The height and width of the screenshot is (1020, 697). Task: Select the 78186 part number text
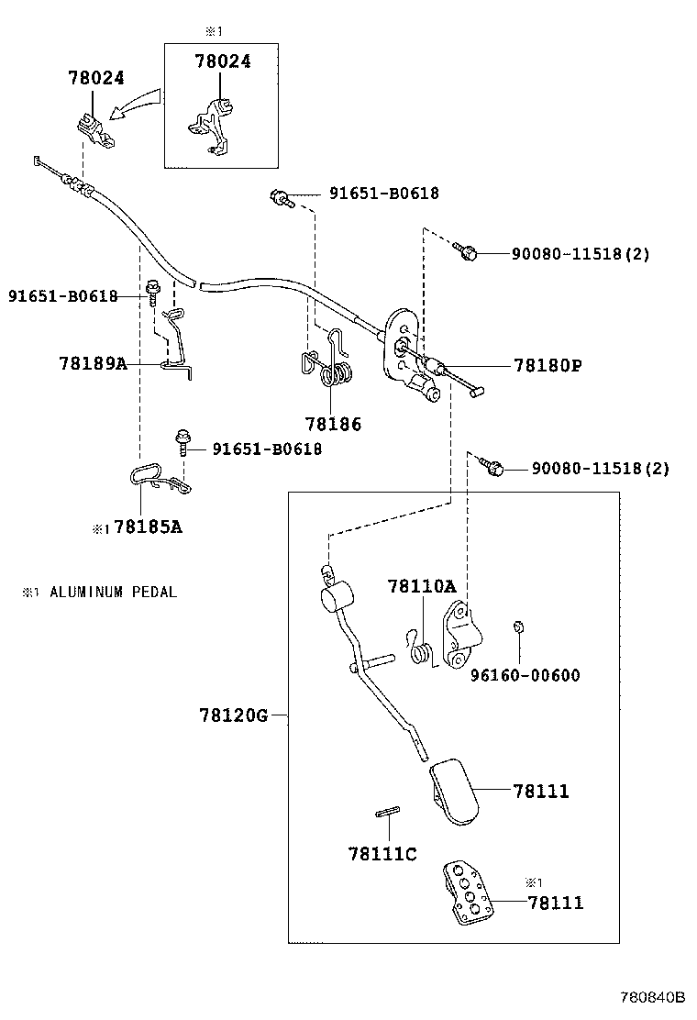[x=333, y=424]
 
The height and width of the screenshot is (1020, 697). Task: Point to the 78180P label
[x=548, y=365]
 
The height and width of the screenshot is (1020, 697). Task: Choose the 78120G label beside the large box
[x=233, y=715]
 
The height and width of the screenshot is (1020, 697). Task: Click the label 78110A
[x=421, y=586]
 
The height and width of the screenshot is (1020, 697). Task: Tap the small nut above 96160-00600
[x=517, y=627]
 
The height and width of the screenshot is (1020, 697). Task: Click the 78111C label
[x=382, y=854]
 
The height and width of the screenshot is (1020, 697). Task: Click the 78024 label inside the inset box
[x=222, y=61]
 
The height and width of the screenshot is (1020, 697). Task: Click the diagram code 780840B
[x=653, y=997]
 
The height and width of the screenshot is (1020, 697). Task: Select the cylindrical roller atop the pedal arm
[x=337, y=598]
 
